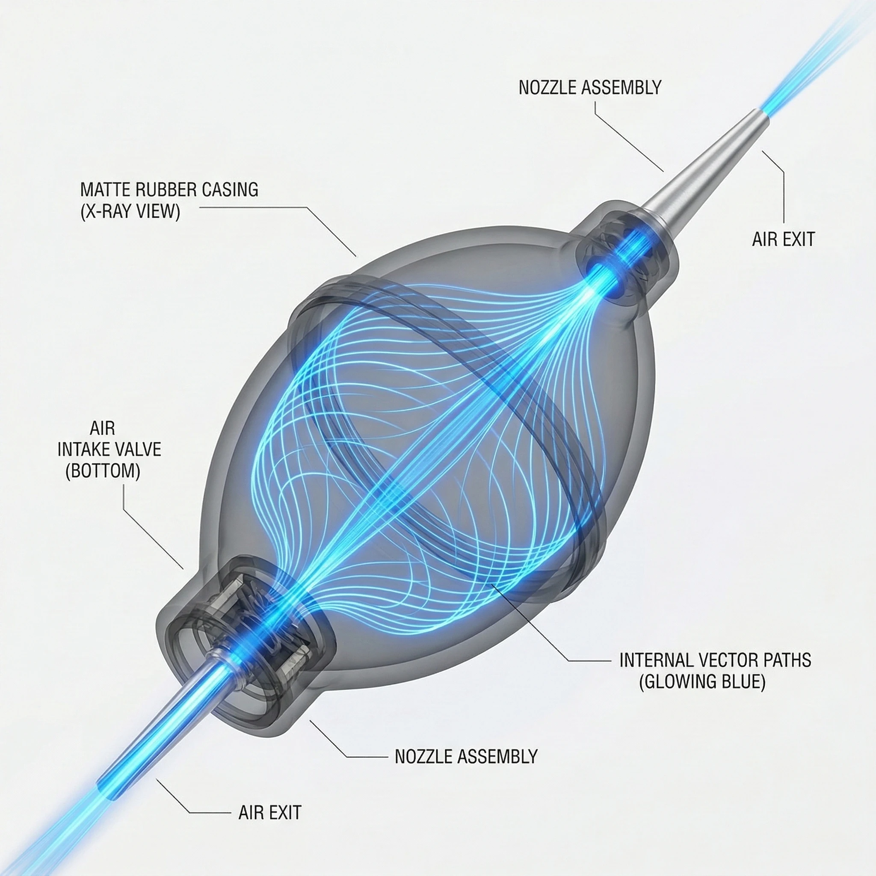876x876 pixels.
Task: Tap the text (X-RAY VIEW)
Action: (130, 212)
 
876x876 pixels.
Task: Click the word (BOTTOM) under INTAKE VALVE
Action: (103, 471)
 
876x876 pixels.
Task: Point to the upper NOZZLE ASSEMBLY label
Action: (590, 88)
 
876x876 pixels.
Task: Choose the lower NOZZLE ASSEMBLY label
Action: (466, 756)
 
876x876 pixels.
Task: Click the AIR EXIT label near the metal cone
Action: (783, 239)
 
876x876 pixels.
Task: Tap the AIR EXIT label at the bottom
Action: (270, 813)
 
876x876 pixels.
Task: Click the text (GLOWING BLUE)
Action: (702, 682)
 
